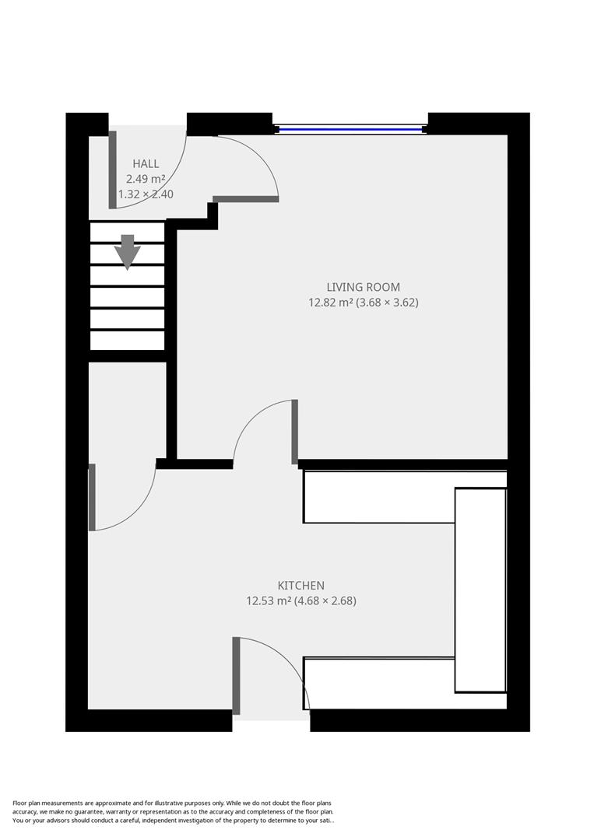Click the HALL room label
[146, 163]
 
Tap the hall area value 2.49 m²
[146, 179]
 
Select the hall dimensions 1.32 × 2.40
[146, 194]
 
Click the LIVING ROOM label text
[364, 287]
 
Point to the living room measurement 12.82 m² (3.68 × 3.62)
[364, 303]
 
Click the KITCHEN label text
[301, 585]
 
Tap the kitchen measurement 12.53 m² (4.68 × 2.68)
[301, 600]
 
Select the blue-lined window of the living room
[350, 128]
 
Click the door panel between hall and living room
[245, 199]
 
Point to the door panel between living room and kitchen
[295, 432]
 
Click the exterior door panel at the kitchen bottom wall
[236, 675]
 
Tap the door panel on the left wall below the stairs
[92, 497]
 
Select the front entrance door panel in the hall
[112, 170]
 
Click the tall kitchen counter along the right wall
[480, 589]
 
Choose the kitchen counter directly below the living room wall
[378, 497]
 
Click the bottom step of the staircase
[128, 341]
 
